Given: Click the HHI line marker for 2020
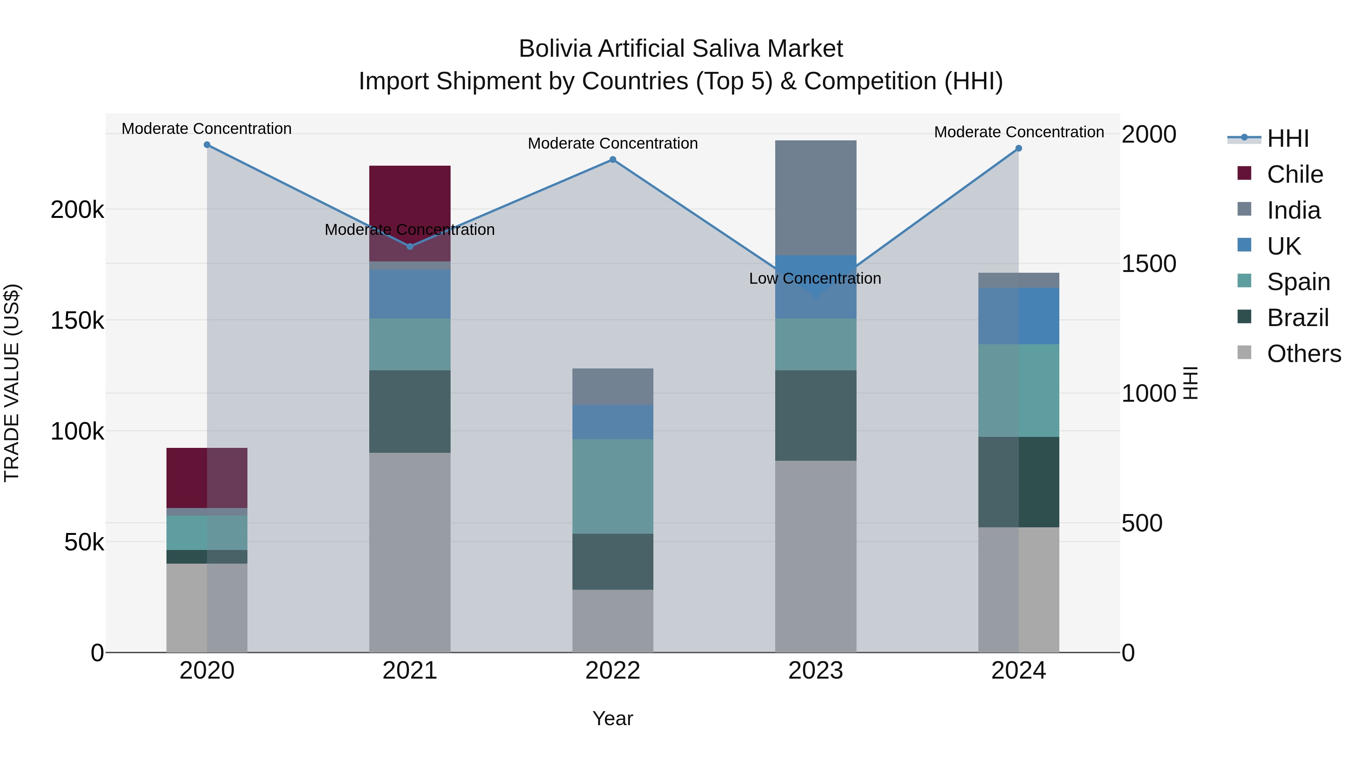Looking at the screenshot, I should tap(207, 145).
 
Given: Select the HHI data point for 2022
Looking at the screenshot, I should tap(613, 160).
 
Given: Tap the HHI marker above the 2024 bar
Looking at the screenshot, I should tap(1019, 149).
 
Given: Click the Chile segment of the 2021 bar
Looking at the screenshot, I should tap(410, 196).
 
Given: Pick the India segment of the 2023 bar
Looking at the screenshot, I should tap(815, 198).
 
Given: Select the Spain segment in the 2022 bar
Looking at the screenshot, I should tap(613, 486).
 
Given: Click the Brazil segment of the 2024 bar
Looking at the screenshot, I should tap(1018, 482).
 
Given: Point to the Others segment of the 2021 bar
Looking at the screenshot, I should tap(410, 552).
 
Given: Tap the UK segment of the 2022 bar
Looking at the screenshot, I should tap(613, 422).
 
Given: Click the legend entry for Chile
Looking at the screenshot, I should tap(1294, 174).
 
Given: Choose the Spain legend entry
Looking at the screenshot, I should tap(1298, 282).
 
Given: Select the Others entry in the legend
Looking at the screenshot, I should tap(1303, 354).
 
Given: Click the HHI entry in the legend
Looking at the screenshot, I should tap(1287, 138).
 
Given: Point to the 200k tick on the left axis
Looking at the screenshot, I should tap(77, 210).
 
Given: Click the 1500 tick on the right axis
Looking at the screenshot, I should tap(1148, 264).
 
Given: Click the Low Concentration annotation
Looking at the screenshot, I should tap(815, 278).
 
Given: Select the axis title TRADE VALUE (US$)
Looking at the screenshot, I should tap(12, 383).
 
